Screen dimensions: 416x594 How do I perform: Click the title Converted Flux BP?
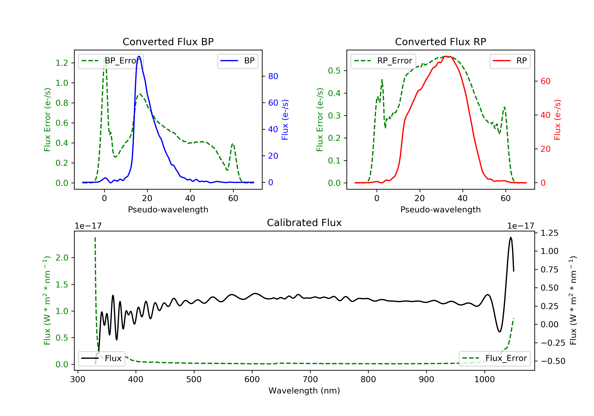click(168, 42)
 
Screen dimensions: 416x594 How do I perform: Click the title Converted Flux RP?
click(440, 42)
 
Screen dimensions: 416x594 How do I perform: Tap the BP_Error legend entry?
click(111, 61)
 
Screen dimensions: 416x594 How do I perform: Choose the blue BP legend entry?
click(237, 61)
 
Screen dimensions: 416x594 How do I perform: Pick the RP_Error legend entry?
click(383, 61)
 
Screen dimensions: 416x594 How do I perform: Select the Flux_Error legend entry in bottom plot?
click(494, 358)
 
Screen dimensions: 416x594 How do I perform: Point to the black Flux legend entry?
click(102, 358)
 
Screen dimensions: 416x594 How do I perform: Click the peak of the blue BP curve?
click(139, 56)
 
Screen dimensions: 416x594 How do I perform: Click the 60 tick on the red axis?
click(545, 81)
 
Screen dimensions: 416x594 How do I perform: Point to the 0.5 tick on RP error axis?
click(334, 71)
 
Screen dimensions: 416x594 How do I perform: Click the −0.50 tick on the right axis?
click(553, 361)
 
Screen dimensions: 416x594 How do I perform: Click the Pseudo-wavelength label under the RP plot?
click(440, 209)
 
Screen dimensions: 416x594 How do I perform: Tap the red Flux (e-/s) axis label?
click(557, 120)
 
